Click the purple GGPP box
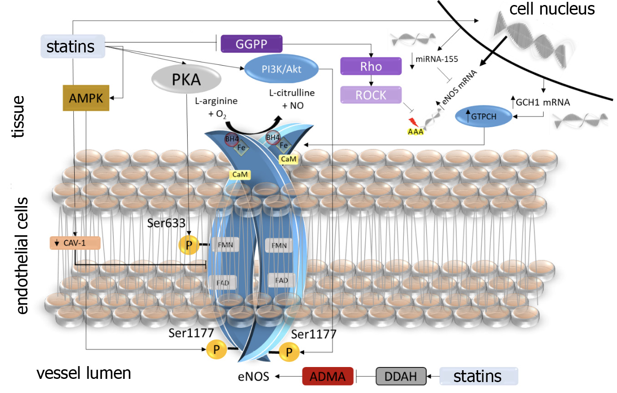click(251, 44)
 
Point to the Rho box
click(371, 67)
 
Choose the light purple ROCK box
click(371, 95)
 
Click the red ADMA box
click(328, 376)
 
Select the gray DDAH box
click(401, 376)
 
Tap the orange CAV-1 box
click(74, 243)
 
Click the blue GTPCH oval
click(484, 117)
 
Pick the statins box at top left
click(73, 47)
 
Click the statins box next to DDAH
click(479, 376)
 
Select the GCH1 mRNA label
click(543, 103)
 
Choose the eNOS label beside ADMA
click(253, 377)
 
